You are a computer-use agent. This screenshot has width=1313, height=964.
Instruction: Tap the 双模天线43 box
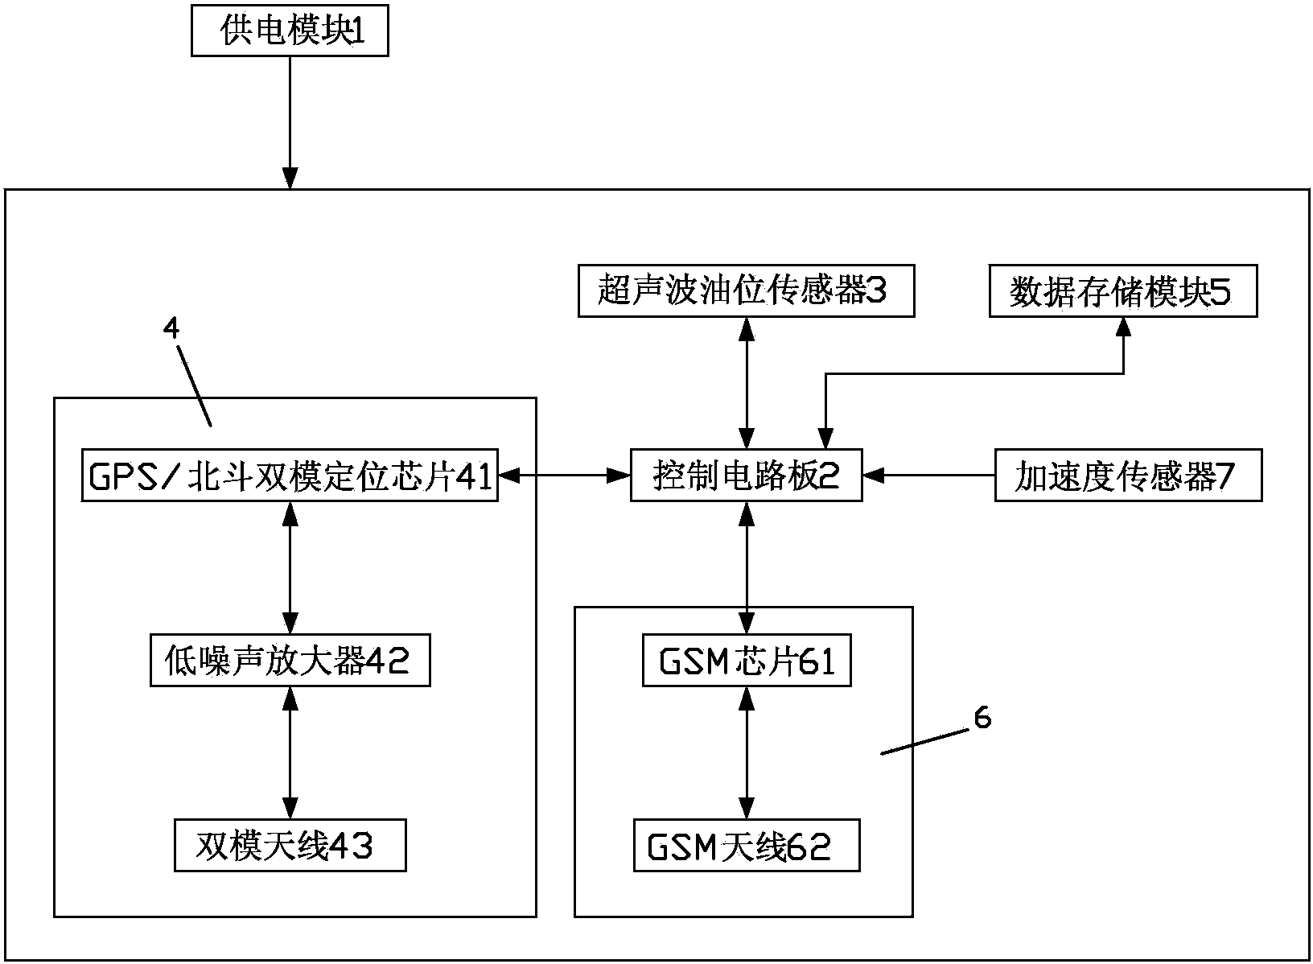point(290,847)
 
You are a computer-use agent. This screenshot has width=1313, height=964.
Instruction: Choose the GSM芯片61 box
point(746,662)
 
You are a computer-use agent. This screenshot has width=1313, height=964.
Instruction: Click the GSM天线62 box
point(746,847)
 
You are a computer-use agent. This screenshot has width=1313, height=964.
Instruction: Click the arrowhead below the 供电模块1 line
point(290,179)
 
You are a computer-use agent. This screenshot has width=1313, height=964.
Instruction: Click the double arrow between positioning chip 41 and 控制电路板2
point(563,476)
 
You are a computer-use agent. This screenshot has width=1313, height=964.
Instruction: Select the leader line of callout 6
point(924,742)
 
